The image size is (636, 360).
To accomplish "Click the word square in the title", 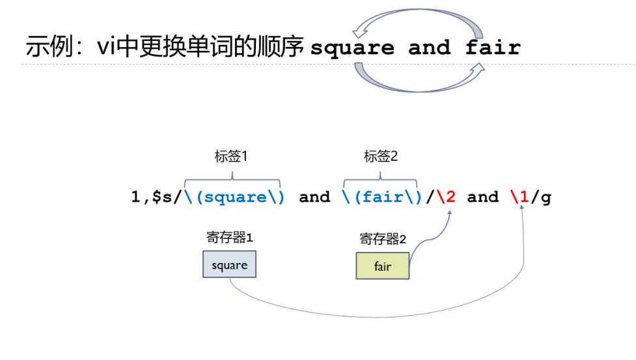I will coord(352,48).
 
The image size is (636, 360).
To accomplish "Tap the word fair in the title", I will coord(493,48).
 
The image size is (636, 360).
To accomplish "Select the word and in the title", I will coord(430,48).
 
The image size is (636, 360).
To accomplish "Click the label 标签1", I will coord(232,157).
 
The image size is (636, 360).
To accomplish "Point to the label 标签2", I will coord(381,157).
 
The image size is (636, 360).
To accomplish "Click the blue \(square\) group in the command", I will coord(235,197).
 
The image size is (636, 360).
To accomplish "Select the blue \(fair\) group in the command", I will coord(383,197).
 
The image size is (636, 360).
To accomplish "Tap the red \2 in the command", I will coord(447,197).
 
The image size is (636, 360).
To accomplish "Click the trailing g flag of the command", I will coord(546,197).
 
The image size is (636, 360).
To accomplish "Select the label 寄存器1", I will coord(229,238).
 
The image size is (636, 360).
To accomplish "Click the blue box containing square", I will coord(229,265).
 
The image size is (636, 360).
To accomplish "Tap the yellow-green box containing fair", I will coord(383,266).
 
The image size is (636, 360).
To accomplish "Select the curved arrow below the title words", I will coord(419,81).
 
